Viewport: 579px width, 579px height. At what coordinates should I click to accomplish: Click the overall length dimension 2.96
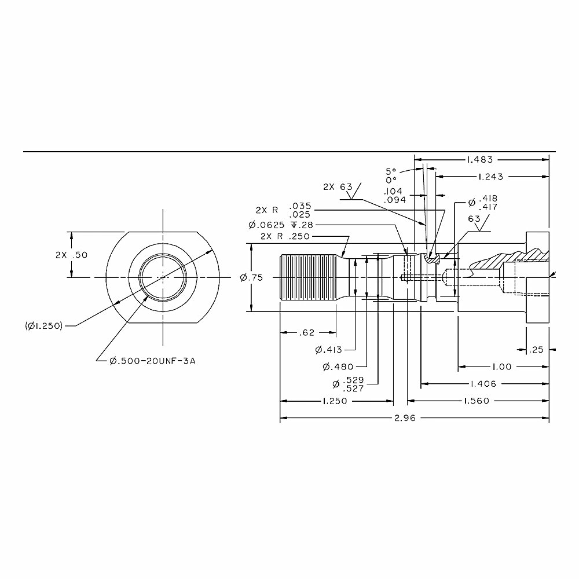click(405, 418)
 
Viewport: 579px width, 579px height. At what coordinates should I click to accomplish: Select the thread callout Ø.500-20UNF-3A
click(152, 361)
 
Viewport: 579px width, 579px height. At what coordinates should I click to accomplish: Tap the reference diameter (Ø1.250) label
click(43, 326)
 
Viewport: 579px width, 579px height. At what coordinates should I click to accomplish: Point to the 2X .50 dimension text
click(72, 255)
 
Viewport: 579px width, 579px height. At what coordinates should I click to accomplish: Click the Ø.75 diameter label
click(251, 278)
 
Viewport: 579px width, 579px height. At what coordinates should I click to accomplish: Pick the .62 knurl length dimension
click(306, 333)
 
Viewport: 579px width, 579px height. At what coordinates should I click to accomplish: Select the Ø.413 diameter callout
click(329, 350)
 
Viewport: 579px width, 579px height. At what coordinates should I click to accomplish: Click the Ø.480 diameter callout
click(338, 367)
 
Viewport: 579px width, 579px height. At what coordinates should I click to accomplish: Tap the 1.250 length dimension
click(335, 401)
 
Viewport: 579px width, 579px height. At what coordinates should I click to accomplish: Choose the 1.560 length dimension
click(477, 401)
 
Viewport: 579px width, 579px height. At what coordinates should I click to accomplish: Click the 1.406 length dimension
click(483, 384)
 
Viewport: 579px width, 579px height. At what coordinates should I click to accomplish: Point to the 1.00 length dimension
click(502, 367)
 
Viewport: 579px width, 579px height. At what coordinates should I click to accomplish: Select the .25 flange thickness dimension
click(536, 350)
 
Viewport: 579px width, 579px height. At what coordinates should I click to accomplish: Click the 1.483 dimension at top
click(479, 160)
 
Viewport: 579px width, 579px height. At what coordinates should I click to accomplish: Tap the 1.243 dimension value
click(490, 177)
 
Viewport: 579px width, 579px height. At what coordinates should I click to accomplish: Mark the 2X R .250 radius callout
click(285, 236)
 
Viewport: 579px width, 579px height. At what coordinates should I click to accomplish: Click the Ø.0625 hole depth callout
click(281, 225)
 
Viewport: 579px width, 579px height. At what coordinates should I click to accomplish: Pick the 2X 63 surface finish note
click(338, 187)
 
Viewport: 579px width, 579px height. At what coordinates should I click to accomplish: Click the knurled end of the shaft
click(308, 277)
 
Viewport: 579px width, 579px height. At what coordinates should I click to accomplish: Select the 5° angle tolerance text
click(391, 172)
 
